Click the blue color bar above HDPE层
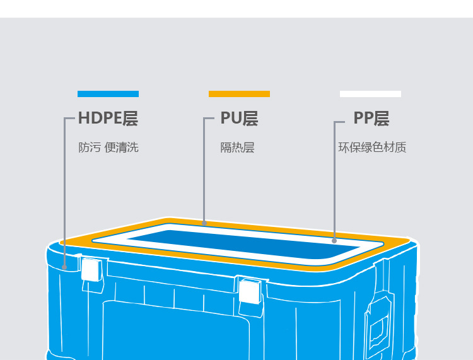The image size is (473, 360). (108, 94)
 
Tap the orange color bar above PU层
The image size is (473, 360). (239, 94)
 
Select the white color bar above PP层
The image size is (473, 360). (370, 94)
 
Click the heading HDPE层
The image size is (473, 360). (108, 119)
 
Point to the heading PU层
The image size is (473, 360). (239, 119)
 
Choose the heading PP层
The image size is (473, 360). (371, 119)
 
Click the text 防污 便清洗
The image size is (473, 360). (108, 148)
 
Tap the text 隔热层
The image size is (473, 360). (237, 148)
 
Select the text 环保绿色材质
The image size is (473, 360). (372, 148)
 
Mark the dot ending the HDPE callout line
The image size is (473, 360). (65, 267)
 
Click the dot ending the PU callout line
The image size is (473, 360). (204, 223)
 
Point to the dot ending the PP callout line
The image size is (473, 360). (334, 240)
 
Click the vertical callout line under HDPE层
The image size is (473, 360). (65, 189)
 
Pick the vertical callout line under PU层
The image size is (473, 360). (204, 170)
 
